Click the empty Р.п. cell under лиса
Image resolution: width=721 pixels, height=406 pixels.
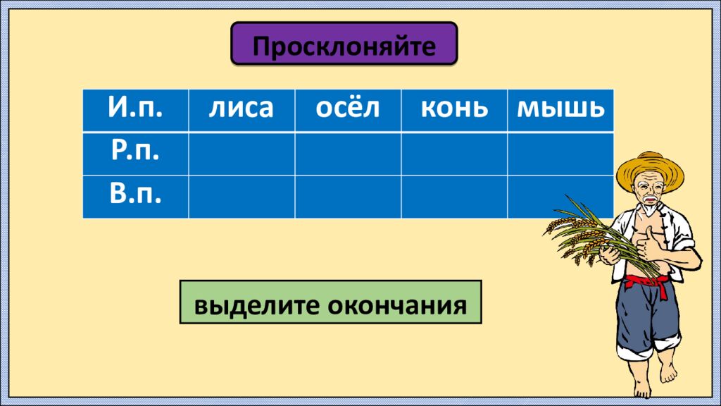[x=241, y=153]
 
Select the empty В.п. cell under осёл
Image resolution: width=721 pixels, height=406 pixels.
[x=348, y=196]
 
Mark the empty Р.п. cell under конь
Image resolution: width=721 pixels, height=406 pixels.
[x=454, y=153]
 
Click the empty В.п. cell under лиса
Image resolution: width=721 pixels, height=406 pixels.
[x=241, y=196]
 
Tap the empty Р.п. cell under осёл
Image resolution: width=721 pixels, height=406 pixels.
[x=348, y=153]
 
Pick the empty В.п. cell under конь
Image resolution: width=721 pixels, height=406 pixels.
[x=454, y=196]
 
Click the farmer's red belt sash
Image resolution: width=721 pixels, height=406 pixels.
[x=646, y=282]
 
